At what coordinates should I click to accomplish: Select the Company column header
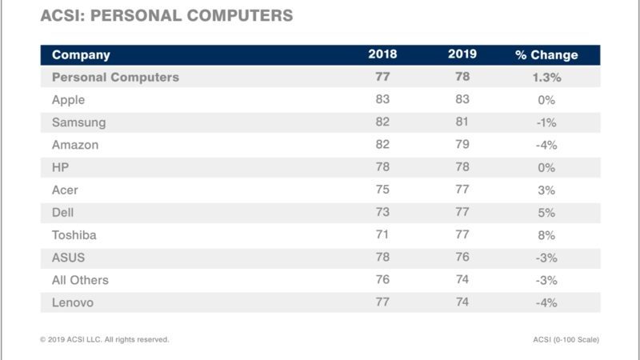pos(81,55)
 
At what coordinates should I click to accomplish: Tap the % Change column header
pos(546,55)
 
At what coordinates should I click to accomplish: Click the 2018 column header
pos(382,55)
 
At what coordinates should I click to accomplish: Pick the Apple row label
pos(68,100)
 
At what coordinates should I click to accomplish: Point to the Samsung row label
pos(78,122)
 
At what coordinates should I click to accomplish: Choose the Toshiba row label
pos(74,235)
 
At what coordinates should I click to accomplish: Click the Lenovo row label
pos(73,302)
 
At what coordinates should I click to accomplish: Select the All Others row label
pos(80,280)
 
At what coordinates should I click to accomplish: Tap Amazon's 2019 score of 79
pos(462,145)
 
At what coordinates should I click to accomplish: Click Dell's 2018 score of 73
pos(382,213)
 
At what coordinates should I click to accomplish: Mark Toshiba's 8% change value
pos(546,235)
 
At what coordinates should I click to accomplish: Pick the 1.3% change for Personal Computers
pos(546,78)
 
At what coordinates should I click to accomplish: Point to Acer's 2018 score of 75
pos(382,190)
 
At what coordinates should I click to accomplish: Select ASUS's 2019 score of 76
pos(462,258)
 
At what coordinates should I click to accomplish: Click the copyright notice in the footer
pos(104,339)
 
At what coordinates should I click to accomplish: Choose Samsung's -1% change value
pos(546,122)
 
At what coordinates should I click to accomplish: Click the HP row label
pos(61,167)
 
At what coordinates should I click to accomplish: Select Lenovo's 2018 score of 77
pos(382,302)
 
